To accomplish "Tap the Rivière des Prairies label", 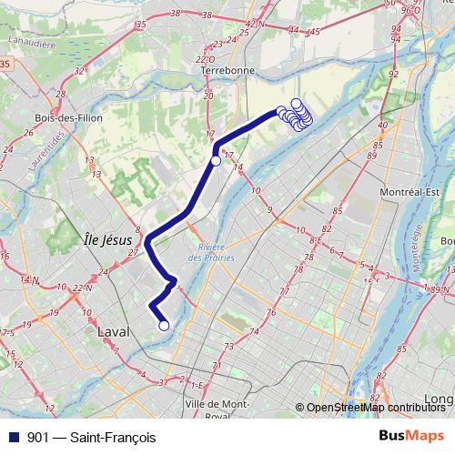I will tap(213, 254).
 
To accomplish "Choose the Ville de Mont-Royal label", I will tap(217, 409).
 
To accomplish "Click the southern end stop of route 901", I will tap(164, 325).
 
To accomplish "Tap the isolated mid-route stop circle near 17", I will tap(216, 161).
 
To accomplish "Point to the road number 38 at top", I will tap(205, 15).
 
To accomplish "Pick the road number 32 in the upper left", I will tap(79, 69).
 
